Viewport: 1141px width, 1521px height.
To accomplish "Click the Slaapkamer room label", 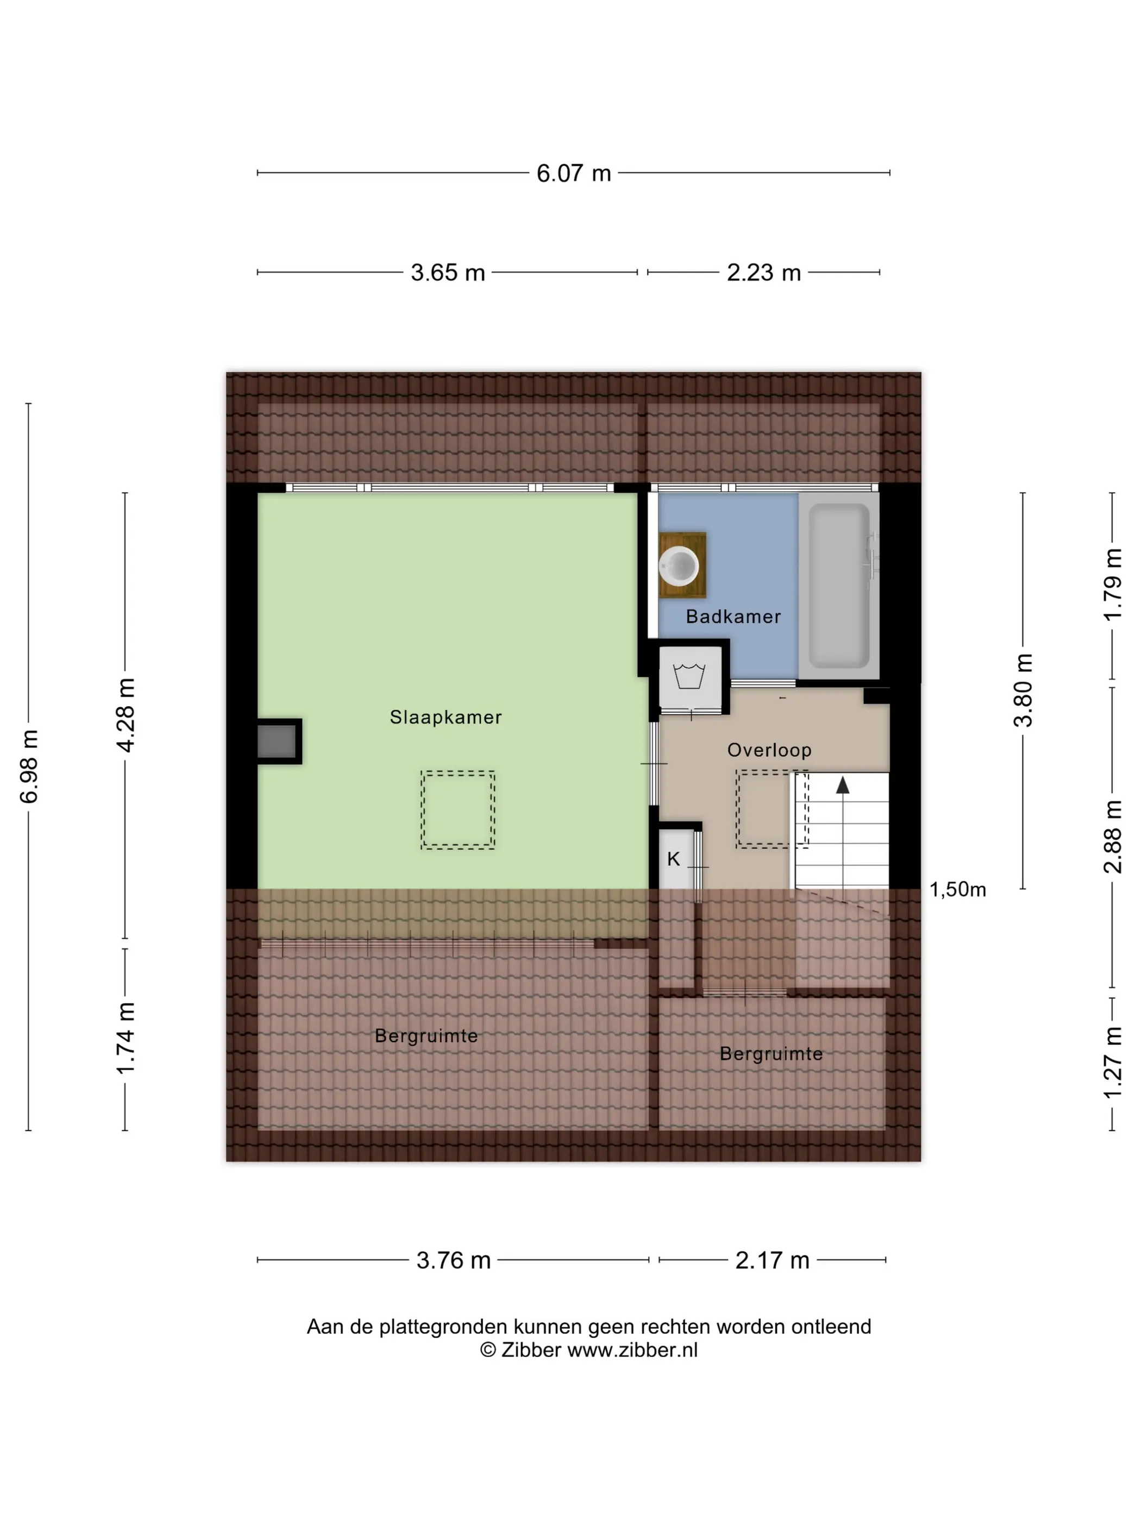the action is click(x=446, y=716).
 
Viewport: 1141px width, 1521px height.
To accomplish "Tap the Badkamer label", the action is click(x=733, y=616).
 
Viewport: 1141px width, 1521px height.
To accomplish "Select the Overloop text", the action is click(x=769, y=750).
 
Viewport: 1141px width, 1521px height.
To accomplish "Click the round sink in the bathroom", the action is click(x=680, y=566).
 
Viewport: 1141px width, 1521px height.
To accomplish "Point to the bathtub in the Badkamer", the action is click(x=839, y=585).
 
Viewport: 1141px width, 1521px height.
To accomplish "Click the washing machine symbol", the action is click(x=689, y=676).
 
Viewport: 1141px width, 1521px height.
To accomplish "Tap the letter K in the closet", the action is click(x=673, y=858).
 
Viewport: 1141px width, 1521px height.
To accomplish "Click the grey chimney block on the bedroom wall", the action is click(x=277, y=741).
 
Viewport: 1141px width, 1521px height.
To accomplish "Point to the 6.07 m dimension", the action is click(x=574, y=173).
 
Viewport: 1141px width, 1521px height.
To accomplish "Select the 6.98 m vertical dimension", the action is click(x=29, y=766).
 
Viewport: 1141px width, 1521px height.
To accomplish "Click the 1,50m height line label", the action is click(x=957, y=889).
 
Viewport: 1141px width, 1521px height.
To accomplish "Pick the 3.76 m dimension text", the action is click(x=453, y=1260).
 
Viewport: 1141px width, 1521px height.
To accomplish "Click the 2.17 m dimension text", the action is click(x=773, y=1260).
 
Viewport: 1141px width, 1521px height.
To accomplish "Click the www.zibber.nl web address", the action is click(x=632, y=1349).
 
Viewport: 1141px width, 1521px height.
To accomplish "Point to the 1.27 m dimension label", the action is click(x=1112, y=1063).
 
